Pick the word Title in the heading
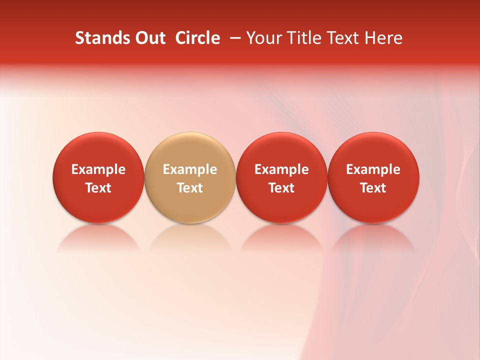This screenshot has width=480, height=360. (x=302, y=38)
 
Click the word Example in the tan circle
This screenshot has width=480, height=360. (x=190, y=169)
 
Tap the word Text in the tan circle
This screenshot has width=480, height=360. (x=190, y=188)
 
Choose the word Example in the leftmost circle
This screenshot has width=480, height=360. (x=98, y=169)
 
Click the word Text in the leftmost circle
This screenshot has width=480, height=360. (x=98, y=188)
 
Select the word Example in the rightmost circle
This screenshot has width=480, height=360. (x=373, y=169)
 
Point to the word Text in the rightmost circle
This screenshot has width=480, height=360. (x=373, y=188)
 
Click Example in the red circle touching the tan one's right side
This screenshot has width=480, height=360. (x=281, y=169)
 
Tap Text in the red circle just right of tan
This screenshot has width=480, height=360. (x=281, y=188)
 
